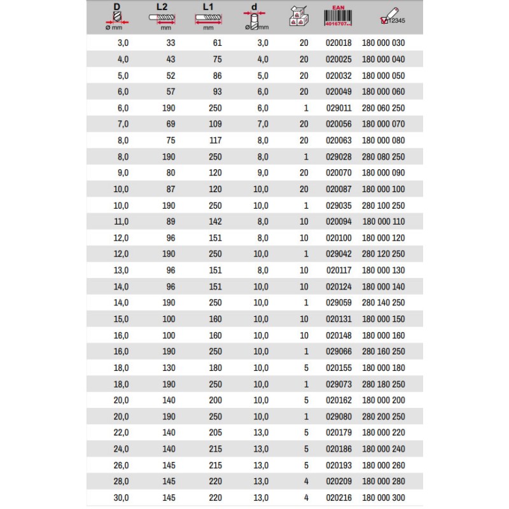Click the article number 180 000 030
click(x=383, y=43)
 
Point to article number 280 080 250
click(x=383, y=157)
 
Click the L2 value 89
click(x=170, y=222)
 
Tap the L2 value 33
click(x=170, y=43)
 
